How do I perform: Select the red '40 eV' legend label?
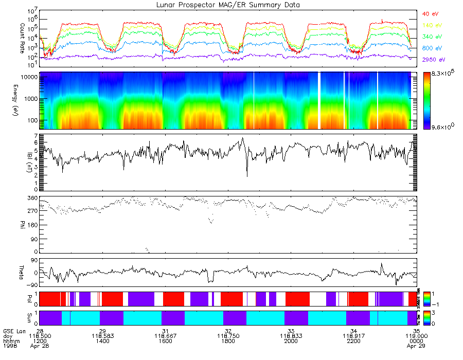point(430,14)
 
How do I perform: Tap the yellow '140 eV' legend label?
point(432,25)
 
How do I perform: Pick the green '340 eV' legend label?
point(432,37)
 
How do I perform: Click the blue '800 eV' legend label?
point(432,48)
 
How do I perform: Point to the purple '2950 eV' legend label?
point(433,60)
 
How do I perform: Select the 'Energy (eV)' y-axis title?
point(9,101)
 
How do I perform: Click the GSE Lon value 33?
point(291,330)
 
